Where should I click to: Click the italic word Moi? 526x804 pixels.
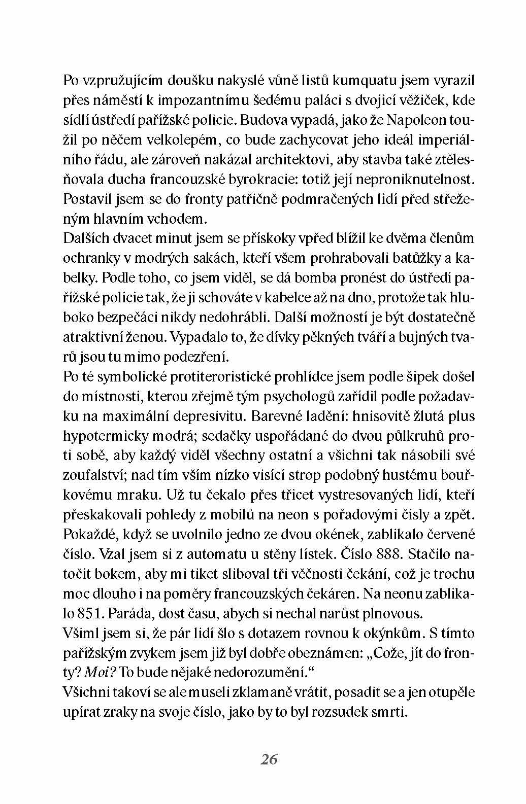[x=100, y=673]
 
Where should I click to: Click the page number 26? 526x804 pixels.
[x=269, y=760]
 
